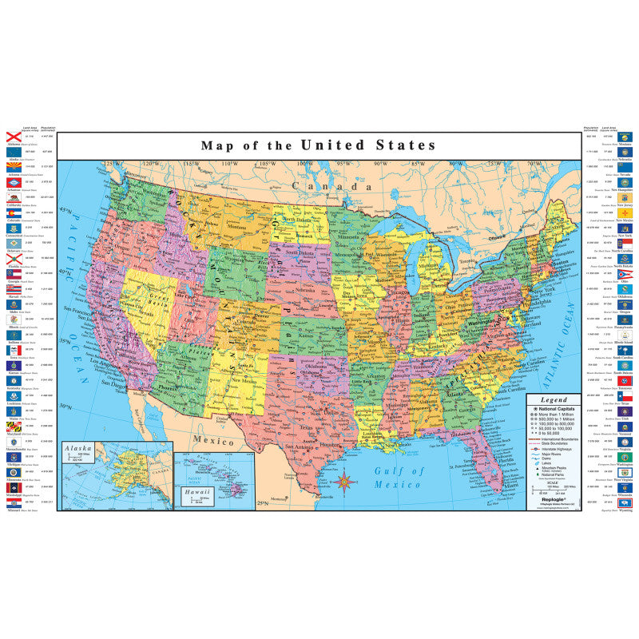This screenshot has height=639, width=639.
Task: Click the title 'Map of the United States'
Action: coord(318,145)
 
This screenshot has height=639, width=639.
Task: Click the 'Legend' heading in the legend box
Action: coord(554,399)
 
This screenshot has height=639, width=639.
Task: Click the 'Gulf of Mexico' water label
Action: coord(399,478)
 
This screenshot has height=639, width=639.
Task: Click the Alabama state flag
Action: coord(13,137)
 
